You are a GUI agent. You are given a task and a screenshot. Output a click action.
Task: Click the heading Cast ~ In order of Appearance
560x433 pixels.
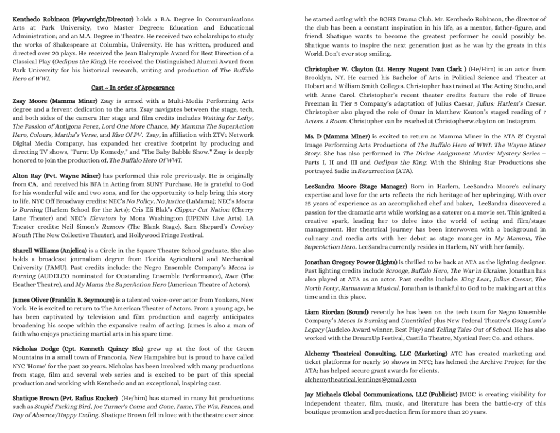[x=133, y=88]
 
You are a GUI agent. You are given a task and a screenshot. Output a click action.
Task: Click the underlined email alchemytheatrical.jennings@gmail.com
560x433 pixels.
[x=360, y=379]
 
